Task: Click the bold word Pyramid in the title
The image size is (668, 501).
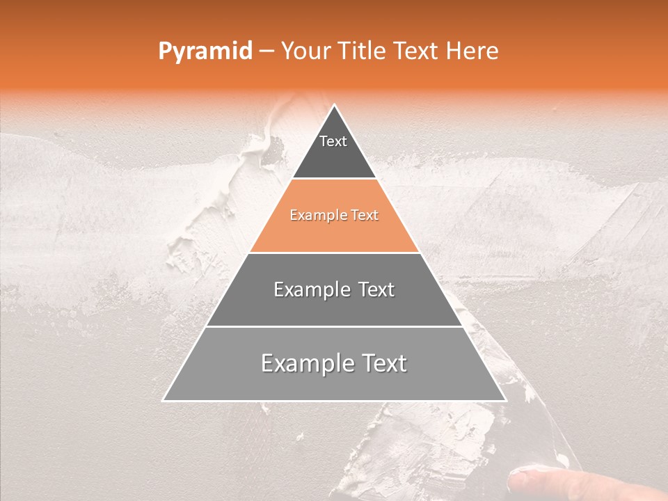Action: pyautogui.click(x=205, y=51)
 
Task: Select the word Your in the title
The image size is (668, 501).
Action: pyautogui.click(x=305, y=51)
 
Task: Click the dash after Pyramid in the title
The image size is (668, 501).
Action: pyautogui.click(x=266, y=51)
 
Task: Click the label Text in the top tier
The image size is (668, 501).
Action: pyautogui.click(x=333, y=141)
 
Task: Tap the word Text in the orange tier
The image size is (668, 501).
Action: pyautogui.click(x=365, y=216)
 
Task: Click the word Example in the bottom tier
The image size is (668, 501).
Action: pyautogui.click(x=298, y=363)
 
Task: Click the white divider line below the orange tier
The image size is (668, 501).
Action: pyautogui.click(x=334, y=253)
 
